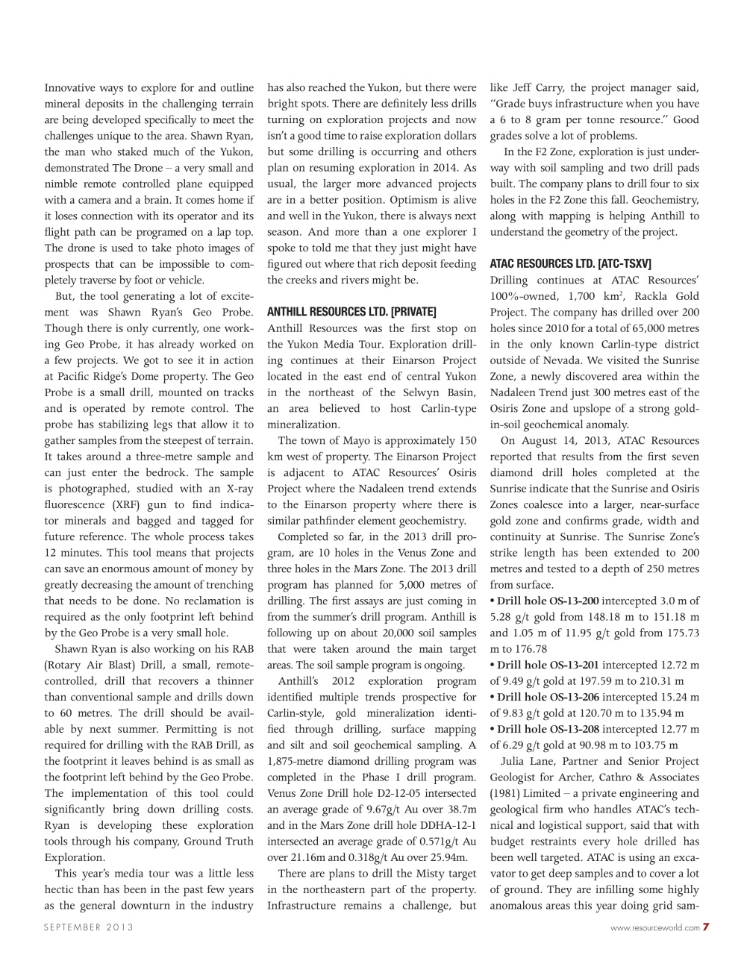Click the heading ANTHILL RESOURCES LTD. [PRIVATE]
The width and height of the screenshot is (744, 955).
click(351, 312)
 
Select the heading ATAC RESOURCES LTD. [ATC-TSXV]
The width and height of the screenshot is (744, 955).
click(570, 263)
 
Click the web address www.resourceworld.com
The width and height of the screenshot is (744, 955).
click(654, 927)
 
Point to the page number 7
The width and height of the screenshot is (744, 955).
click(706, 927)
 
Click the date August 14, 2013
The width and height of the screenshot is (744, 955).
click(565, 441)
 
